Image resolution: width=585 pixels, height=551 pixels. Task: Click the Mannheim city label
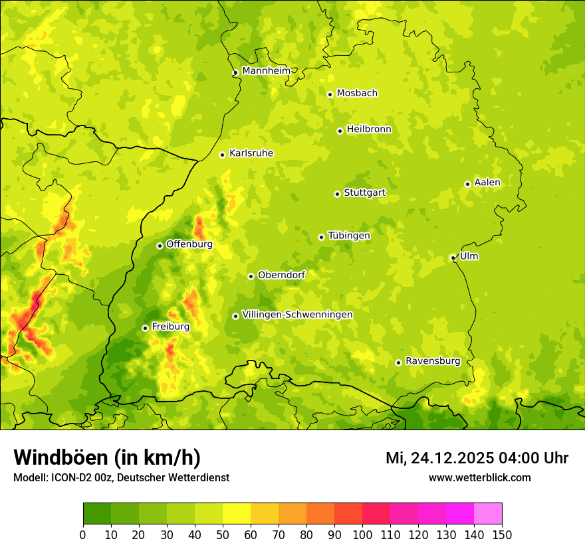click(267, 70)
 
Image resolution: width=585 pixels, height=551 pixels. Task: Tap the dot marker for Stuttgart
click(337, 194)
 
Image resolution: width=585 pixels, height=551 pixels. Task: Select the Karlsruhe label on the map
click(251, 153)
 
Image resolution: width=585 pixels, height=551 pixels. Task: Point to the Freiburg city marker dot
click(145, 328)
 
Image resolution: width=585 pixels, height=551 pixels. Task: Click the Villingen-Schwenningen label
click(297, 315)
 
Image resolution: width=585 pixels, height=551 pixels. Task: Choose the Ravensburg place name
click(433, 361)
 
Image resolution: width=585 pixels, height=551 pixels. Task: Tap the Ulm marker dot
click(453, 258)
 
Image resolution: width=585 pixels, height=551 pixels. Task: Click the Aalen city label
click(487, 183)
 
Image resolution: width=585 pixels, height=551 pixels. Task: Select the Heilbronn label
click(369, 129)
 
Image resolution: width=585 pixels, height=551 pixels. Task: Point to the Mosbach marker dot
click(330, 94)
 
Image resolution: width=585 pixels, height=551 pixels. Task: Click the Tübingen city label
click(349, 236)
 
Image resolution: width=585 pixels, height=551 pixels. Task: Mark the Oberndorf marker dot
click(251, 276)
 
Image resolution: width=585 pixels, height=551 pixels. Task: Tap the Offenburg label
click(189, 244)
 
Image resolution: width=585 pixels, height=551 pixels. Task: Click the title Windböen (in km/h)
click(107, 457)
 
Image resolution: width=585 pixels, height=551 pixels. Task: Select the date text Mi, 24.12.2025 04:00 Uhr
click(477, 458)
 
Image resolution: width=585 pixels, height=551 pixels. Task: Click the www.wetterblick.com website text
click(479, 477)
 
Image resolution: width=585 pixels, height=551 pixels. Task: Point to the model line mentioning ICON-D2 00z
click(121, 477)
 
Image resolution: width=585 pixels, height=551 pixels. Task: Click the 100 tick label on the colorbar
click(362, 534)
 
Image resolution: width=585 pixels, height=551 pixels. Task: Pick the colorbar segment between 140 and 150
click(488, 514)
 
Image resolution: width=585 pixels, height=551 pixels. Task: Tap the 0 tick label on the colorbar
click(83, 534)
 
